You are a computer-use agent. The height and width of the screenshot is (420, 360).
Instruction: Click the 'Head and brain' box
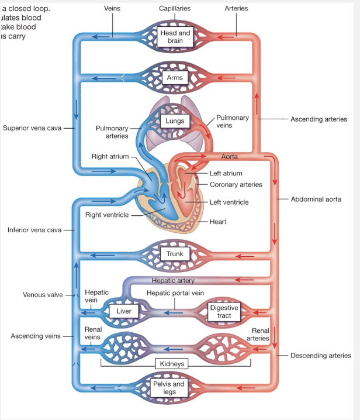(175, 37)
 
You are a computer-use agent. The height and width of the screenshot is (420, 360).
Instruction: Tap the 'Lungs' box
(175, 121)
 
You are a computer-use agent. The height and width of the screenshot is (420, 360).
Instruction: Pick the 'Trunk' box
(175, 254)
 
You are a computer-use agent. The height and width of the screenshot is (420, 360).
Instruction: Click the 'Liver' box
(124, 311)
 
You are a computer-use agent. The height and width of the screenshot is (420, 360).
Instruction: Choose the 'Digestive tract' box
(224, 311)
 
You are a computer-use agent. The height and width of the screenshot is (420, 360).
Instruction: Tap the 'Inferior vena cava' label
(34, 229)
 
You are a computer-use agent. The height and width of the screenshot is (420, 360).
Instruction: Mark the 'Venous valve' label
(43, 294)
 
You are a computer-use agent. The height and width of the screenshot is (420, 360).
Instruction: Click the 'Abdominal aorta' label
(316, 199)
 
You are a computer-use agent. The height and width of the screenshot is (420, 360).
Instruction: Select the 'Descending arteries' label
(321, 355)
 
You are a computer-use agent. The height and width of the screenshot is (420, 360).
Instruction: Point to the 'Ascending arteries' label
(319, 119)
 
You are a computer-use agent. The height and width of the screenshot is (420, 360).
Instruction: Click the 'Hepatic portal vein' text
(175, 293)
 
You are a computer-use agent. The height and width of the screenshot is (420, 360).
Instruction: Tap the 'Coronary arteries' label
(236, 184)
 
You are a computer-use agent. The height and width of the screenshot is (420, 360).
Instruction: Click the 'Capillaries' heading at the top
(175, 9)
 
